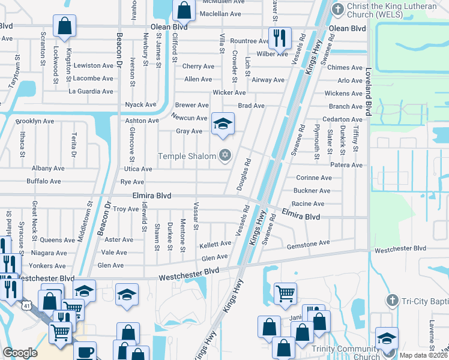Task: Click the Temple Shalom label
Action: [186, 157]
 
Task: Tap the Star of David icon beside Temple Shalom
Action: [226, 156]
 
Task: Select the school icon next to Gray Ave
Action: [223, 124]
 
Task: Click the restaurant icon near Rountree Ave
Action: [279, 38]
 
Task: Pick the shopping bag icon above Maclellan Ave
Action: [183, 10]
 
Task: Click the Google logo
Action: [20, 353]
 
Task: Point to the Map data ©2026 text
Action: [423, 355]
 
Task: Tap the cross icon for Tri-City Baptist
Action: [392, 300]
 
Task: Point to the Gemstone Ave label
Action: [309, 243]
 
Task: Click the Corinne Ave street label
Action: [313, 178]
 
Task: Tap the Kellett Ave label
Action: [215, 244]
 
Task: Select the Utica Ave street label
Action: [138, 169]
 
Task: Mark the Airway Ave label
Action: [268, 80]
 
